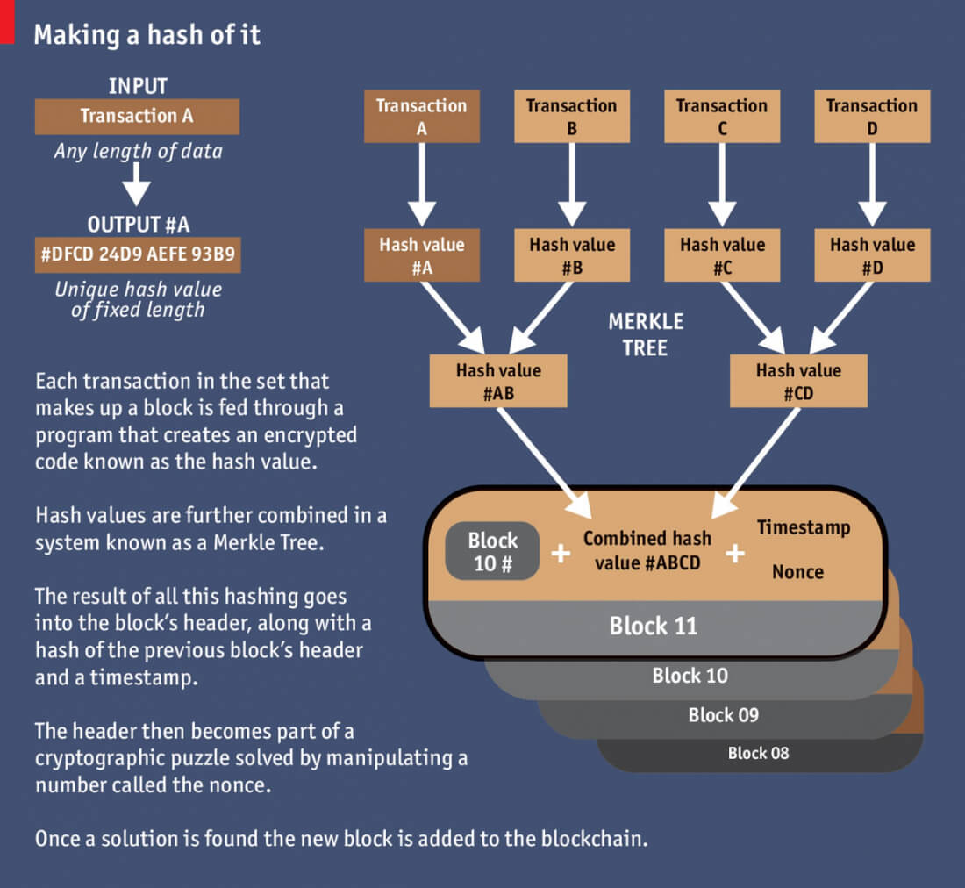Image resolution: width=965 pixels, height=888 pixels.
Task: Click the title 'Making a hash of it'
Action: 147,35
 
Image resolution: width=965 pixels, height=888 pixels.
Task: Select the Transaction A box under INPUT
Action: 137,116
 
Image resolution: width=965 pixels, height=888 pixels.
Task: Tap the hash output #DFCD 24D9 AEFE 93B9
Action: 137,254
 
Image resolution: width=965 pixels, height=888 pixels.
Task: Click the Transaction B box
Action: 571,116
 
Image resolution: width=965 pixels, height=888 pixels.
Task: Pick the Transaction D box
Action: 871,116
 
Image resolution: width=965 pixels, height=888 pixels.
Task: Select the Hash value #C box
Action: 722,255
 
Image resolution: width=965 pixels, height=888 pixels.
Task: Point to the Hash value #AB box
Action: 498,381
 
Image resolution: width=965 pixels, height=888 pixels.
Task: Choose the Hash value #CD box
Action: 798,381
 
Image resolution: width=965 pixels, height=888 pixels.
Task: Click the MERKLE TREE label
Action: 646,334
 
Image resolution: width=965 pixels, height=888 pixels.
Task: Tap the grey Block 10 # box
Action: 492,552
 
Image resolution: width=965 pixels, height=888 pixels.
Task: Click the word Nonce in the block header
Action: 797,572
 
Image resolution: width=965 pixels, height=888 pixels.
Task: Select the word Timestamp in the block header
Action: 804,527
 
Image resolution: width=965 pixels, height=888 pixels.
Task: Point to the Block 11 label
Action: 653,626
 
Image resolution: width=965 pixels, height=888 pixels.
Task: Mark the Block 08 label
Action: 758,753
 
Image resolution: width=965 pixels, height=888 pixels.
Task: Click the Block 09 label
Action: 723,714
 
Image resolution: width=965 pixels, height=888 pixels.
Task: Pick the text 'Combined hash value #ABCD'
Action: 647,550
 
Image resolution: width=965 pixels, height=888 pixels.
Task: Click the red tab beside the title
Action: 7,21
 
